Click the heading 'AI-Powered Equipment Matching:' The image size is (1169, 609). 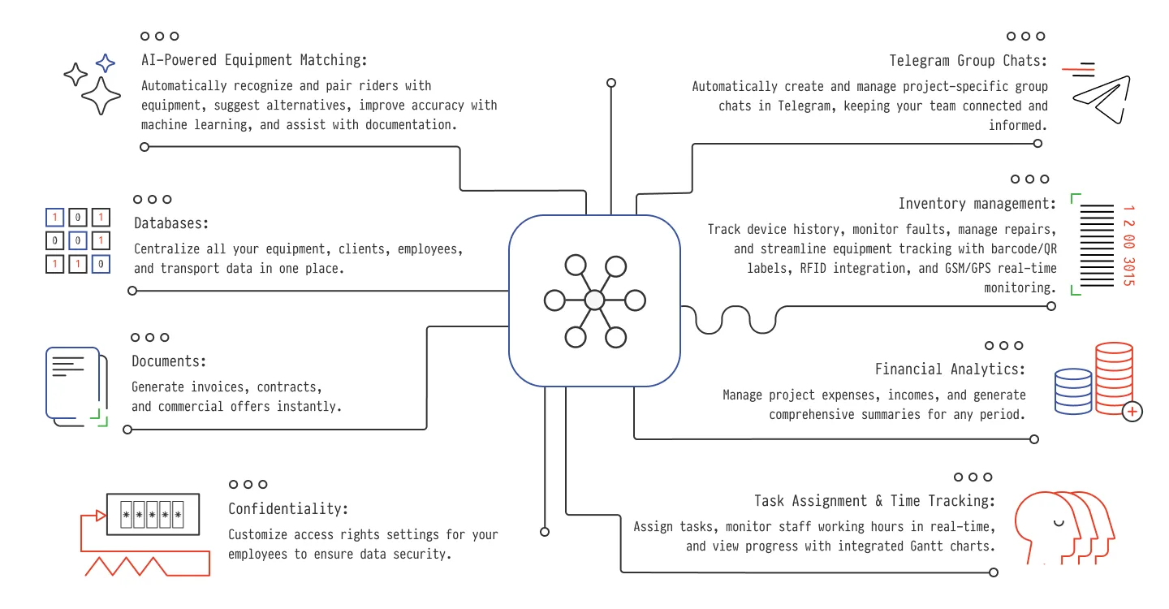click(x=254, y=60)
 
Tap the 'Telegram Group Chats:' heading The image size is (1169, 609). click(x=968, y=61)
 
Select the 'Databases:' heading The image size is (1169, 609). click(x=171, y=223)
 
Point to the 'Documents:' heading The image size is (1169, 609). click(x=169, y=361)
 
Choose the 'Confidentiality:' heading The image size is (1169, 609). click(x=288, y=509)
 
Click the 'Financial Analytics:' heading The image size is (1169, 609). click(x=950, y=369)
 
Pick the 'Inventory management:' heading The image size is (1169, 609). click(x=977, y=204)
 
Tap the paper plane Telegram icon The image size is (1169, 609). click(x=1101, y=99)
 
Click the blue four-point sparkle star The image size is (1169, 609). click(x=106, y=63)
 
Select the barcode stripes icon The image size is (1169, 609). click(x=1097, y=245)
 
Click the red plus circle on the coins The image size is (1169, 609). click(x=1132, y=412)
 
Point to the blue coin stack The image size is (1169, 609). click(x=1073, y=391)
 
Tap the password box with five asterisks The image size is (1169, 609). click(x=153, y=515)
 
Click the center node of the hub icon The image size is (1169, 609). click(x=594, y=300)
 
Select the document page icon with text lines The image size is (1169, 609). click(x=72, y=382)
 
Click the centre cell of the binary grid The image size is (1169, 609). click(x=78, y=240)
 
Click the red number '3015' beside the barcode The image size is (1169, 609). click(x=1128, y=271)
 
